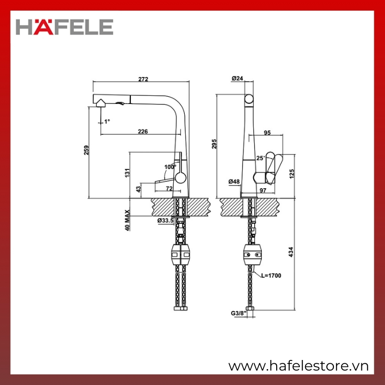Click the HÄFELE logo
(64, 27)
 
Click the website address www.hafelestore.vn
(298, 366)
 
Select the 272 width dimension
(143, 79)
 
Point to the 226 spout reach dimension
(142, 131)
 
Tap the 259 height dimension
(87, 150)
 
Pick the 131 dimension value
(127, 173)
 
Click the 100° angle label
(170, 167)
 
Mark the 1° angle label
(107, 121)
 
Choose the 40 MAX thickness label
(127, 220)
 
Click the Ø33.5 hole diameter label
(166, 220)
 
